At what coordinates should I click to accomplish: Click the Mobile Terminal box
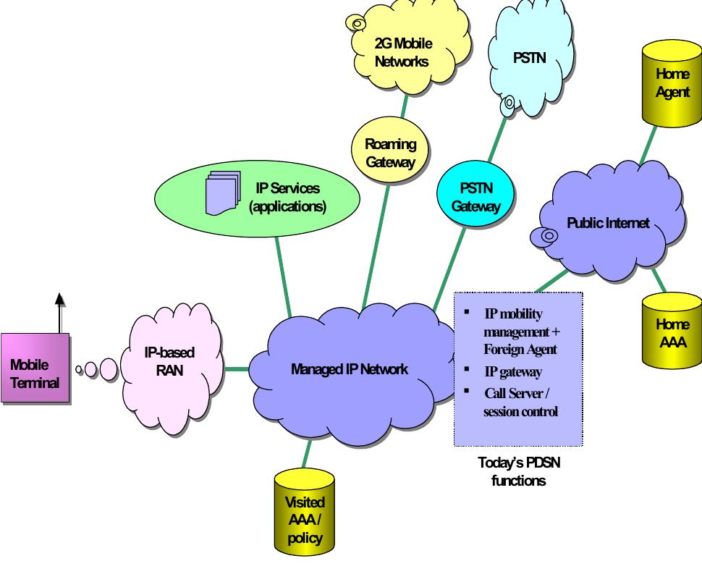point(34,368)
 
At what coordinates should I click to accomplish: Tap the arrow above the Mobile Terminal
point(60,311)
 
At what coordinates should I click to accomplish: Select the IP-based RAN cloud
point(170,362)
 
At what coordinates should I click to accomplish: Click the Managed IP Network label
point(349,369)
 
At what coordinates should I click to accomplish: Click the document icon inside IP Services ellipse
point(222,193)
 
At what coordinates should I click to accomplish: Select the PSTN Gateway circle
point(476,197)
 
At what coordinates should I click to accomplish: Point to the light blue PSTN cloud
point(529,58)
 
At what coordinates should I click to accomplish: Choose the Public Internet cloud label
point(608,223)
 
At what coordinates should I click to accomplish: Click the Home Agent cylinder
point(672,83)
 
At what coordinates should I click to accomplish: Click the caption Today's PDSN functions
point(518,471)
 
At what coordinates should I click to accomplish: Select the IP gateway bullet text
point(512,372)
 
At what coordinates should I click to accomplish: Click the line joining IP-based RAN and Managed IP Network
point(236,369)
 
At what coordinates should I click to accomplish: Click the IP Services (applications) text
point(287,197)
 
